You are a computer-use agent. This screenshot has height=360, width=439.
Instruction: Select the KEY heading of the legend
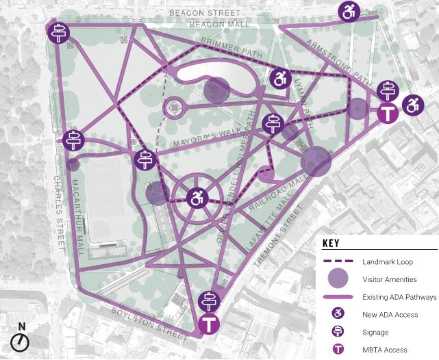[331, 243]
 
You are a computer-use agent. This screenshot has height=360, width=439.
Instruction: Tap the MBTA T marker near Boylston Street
[208, 324]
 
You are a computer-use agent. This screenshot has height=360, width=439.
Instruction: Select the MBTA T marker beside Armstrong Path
[389, 113]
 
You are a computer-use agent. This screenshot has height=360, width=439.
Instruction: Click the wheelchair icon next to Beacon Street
[349, 11]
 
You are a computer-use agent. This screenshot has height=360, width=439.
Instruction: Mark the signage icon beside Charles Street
[73, 140]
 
